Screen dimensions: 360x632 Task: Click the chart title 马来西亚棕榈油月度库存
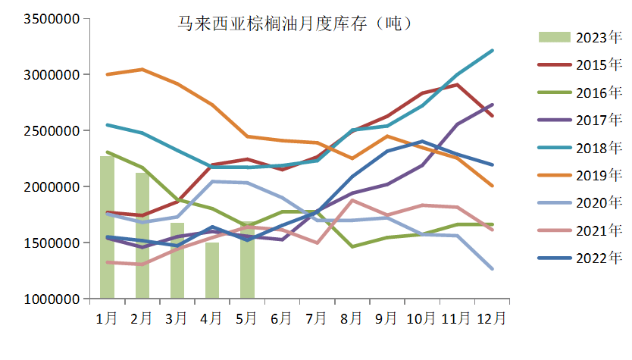click(291, 23)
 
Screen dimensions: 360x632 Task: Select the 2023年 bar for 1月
click(107, 227)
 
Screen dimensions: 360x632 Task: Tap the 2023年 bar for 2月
click(142, 235)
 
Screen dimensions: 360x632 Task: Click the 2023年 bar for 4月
click(212, 270)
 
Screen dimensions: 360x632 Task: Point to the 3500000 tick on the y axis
click(52, 19)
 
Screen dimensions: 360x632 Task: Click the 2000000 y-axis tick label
click(52, 187)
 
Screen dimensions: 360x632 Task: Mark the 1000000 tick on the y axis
click(52, 299)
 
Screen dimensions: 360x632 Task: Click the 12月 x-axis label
click(493, 318)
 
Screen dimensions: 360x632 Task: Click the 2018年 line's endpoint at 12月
click(493, 51)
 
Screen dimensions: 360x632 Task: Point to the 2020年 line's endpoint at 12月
click(493, 269)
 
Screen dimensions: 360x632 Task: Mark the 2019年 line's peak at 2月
click(142, 70)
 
